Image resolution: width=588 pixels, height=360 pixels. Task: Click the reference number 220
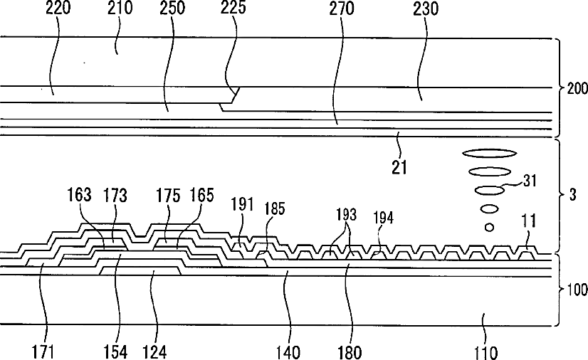(x=58, y=8)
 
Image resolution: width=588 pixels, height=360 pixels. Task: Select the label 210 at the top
(x=120, y=8)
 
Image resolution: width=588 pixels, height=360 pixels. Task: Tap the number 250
(x=172, y=8)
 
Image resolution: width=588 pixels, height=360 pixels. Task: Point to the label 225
(x=233, y=8)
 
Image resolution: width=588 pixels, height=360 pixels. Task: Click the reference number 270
(x=342, y=8)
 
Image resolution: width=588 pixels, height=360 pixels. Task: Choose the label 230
(x=426, y=8)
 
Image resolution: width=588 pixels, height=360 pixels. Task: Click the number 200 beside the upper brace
(x=577, y=88)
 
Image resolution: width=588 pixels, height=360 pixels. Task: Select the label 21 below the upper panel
(x=399, y=167)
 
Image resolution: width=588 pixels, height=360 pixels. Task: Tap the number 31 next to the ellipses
(x=530, y=181)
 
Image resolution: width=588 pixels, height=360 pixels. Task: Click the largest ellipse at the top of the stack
(x=489, y=153)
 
